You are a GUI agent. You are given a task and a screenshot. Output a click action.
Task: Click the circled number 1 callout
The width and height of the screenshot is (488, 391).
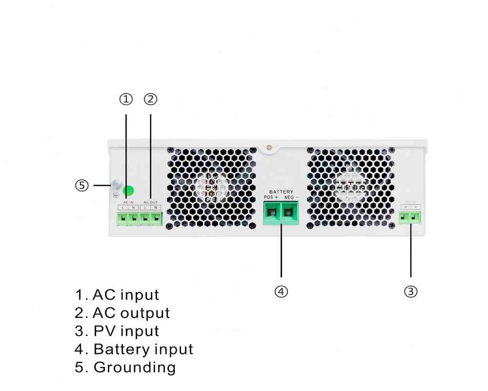(126, 99)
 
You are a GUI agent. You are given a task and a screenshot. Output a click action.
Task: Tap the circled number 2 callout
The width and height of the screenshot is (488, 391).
(151, 99)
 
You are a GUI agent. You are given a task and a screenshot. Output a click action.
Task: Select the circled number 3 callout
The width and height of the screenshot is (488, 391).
(411, 292)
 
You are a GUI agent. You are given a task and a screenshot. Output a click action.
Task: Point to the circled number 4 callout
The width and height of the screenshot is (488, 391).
(281, 292)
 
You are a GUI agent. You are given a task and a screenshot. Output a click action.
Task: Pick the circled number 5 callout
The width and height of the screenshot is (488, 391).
(82, 186)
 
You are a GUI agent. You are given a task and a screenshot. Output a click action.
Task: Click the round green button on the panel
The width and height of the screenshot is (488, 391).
(128, 191)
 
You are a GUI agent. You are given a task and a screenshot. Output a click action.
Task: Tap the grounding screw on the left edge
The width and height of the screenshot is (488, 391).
(116, 185)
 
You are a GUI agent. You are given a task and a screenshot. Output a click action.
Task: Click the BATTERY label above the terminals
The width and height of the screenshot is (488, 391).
(282, 192)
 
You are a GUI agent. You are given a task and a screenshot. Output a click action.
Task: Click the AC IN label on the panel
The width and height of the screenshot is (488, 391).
(128, 202)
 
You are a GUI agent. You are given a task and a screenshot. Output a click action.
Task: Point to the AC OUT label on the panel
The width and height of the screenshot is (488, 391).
(151, 202)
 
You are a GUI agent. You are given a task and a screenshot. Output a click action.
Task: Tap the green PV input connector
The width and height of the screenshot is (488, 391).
(410, 217)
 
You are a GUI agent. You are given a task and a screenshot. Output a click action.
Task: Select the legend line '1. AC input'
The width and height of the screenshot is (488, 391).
(117, 295)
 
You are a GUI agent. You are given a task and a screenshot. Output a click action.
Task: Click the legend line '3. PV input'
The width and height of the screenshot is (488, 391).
(117, 331)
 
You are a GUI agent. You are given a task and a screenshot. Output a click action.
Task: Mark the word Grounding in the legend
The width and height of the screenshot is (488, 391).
(134, 367)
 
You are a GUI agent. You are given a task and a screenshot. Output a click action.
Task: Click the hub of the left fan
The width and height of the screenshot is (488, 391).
(211, 187)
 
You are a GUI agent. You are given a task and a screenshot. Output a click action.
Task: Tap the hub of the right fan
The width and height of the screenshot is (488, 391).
(351, 187)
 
